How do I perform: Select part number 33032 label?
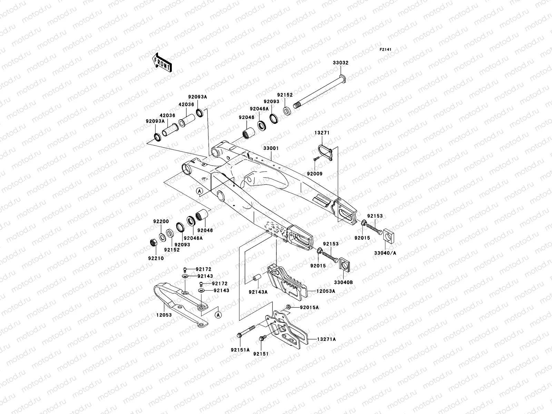click(341, 63)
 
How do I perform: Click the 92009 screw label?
click(315, 174)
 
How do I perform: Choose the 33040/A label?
click(385, 253)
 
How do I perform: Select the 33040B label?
click(345, 282)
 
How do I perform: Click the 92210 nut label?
click(156, 258)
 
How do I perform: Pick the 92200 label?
click(161, 221)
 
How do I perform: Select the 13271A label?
click(326, 339)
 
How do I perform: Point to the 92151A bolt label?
click(240, 349)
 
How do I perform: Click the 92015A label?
click(309, 307)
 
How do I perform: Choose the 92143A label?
click(258, 292)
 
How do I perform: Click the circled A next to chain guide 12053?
click(218, 314)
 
